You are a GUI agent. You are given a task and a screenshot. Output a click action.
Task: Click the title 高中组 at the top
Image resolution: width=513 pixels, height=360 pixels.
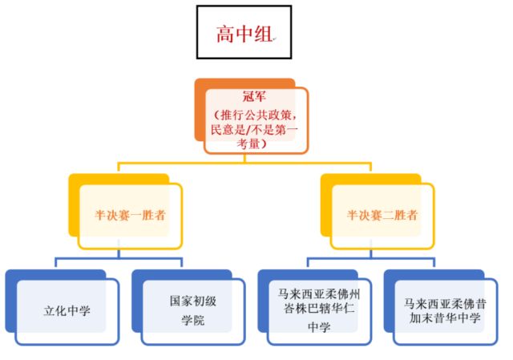click(x=244, y=34)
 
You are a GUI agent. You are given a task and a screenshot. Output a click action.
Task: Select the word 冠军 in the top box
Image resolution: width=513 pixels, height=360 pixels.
click(x=255, y=96)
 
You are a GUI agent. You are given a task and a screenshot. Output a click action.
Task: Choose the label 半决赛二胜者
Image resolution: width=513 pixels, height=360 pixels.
click(x=382, y=215)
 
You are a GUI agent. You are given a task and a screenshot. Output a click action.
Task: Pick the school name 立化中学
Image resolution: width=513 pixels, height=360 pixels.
click(x=67, y=310)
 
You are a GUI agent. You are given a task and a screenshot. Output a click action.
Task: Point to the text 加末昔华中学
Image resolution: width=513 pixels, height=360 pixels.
click(x=443, y=318)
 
